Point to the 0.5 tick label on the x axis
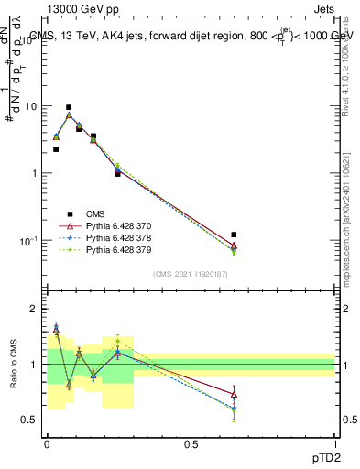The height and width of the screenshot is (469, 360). pyautogui.click(x=191, y=443)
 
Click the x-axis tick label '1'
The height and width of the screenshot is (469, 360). pyautogui.click(x=335, y=443)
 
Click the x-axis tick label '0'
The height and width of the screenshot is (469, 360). pyautogui.click(x=47, y=443)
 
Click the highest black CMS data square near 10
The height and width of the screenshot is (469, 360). pyautogui.click(x=69, y=107)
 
